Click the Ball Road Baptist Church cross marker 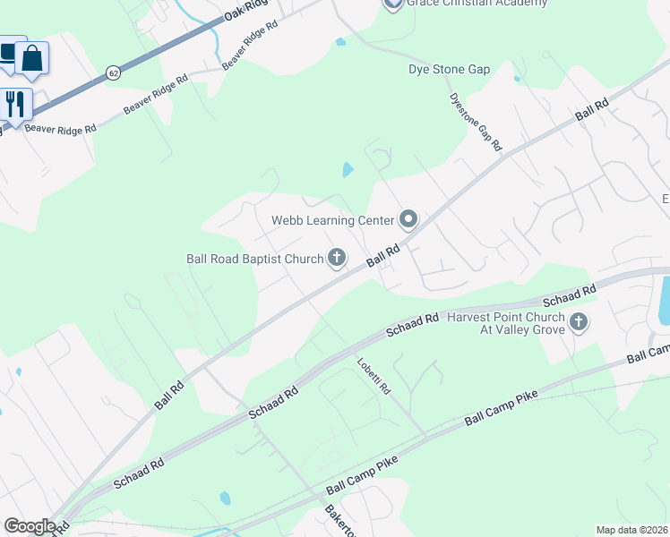click(337, 259)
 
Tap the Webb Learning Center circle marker click(408, 219)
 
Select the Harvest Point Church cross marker click(578, 321)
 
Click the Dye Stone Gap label click(449, 69)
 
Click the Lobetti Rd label click(374, 377)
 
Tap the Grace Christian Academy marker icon click(393, 4)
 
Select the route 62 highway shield click(112, 73)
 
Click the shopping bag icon click(31, 58)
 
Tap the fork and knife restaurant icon click(15, 103)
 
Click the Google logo click(30, 526)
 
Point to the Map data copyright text click(631, 530)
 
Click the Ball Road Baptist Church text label click(254, 259)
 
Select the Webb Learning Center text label click(332, 220)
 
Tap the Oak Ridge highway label click(245, 11)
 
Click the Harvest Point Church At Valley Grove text click(506, 323)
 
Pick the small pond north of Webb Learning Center click(348, 169)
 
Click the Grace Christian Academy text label click(477, 4)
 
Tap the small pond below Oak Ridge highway click(340, 41)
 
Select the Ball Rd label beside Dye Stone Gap click(592, 110)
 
